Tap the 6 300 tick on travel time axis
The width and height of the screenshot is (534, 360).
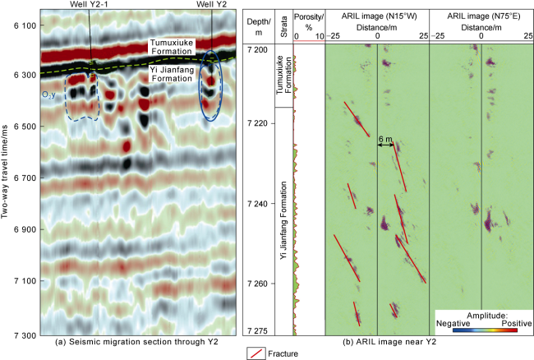25,75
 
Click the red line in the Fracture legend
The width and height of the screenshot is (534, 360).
254,353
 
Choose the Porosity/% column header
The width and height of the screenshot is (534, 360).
308,24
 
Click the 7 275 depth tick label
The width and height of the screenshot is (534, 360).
263,330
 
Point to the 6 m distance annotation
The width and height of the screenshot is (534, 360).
384,141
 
